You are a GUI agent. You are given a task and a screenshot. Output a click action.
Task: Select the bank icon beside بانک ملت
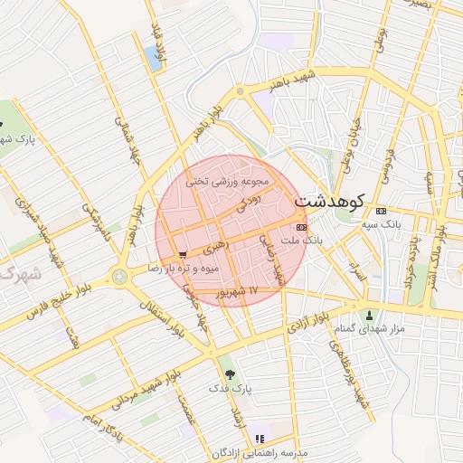(301, 227)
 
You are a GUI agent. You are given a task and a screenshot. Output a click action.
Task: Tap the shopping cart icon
(184, 255)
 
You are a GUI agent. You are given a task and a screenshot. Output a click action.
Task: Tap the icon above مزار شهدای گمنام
(369, 315)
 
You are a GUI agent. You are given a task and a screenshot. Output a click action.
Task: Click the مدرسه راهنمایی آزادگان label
(260, 451)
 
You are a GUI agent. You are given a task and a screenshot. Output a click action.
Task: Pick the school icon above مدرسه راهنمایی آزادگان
(260, 439)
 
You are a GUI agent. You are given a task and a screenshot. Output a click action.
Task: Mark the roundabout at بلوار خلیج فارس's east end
(119, 275)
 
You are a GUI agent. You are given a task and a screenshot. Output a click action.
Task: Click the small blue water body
(151, 59)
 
